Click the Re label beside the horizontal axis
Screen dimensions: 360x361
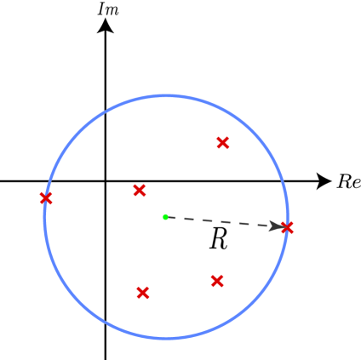348,181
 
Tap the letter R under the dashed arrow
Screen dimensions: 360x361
218,241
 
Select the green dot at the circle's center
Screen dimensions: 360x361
165,216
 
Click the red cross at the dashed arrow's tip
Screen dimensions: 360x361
287,227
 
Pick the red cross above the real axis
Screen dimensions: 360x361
222,143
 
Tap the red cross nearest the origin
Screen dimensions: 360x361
140,191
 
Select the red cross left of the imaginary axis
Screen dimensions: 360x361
46,198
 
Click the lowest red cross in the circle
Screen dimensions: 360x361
143,293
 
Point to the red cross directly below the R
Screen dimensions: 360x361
217,280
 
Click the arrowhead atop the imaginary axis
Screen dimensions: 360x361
106,26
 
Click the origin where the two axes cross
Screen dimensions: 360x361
106,180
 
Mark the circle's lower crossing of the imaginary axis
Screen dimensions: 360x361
106,322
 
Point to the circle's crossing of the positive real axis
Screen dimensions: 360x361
284,180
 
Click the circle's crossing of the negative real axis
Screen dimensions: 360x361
49,180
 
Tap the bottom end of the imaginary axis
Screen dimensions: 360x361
106,357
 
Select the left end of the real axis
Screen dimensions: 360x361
2,180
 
